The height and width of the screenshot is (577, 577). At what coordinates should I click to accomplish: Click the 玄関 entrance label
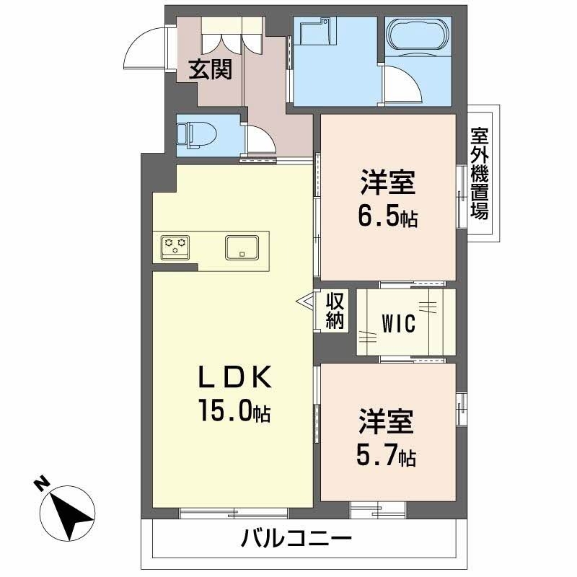click(x=210, y=69)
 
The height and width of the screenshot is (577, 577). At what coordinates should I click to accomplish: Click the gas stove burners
click(x=175, y=247)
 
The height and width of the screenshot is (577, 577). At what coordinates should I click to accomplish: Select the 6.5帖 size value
click(x=389, y=217)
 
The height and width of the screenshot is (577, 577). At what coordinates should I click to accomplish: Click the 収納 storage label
click(x=334, y=310)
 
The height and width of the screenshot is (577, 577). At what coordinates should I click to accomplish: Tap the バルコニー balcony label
click(x=297, y=538)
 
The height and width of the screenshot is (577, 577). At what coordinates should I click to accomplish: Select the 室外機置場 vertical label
click(x=479, y=174)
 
